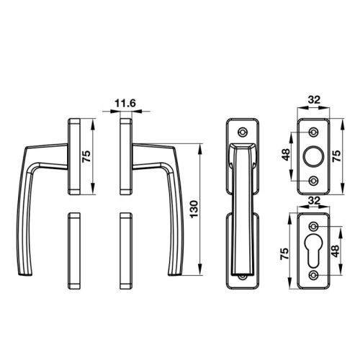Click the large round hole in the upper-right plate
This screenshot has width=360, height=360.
click(313, 156)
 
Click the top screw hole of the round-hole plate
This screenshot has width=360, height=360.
click(313, 132)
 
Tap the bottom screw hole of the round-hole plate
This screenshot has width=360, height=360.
click(313, 179)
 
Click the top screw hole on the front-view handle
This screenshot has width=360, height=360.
click(243, 132)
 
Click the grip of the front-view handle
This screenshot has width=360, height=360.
click(243, 209)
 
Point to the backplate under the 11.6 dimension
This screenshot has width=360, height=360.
click(124, 155)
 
